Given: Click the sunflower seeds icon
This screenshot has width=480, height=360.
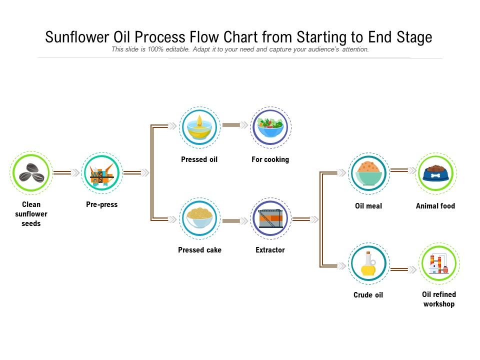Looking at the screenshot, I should coord(31,173).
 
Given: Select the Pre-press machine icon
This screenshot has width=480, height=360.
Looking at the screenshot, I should coord(101,173).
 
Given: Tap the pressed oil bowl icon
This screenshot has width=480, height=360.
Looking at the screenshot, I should coord(199,127).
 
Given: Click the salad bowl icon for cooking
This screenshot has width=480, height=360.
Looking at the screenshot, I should coord(270,127).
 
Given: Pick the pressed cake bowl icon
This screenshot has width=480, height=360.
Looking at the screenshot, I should coord(199,218).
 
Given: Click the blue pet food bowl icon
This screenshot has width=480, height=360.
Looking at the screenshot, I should coord(435,173).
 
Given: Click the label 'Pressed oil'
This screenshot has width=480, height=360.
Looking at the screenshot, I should coord(199,159).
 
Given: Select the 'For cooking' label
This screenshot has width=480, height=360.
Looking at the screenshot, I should coord(270,159).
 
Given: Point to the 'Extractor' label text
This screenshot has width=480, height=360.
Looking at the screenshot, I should coord(270,250).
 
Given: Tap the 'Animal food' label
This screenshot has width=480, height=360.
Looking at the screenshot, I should coord(435,206).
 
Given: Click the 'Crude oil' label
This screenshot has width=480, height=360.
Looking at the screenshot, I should coord(368,295).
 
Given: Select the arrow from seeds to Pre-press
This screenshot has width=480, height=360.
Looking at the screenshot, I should coord(66,173).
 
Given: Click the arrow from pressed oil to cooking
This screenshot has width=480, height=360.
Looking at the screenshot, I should coord(235,125).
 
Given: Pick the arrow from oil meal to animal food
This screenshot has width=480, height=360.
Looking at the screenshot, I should coord(403,171).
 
